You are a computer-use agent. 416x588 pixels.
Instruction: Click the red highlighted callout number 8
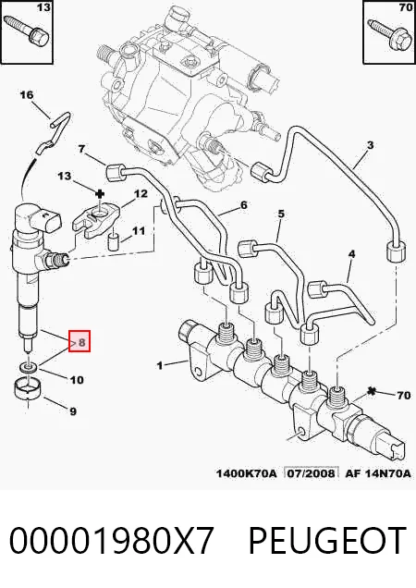[81, 342]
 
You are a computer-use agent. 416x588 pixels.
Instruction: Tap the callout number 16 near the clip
[27, 95]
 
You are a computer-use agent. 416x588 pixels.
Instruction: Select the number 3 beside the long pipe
[370, 145]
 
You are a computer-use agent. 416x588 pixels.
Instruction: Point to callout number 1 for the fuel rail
[160, 364]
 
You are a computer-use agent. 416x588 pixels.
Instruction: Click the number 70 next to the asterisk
[404, 395]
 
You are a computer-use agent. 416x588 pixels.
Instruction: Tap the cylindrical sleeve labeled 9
[28, 390]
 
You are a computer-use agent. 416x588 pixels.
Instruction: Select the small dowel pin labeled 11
[114, 242]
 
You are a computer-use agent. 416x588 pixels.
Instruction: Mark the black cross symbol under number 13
[100, 194]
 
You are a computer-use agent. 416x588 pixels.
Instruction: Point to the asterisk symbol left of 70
[373, 391]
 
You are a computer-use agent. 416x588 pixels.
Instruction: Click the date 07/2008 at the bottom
[311, 473]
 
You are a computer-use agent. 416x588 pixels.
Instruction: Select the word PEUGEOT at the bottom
[327, 540]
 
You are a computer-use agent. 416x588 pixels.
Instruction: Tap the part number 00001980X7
[112, 540]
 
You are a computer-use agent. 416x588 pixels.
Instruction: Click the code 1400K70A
[246, 473]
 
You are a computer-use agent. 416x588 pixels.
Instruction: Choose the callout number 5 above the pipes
[281, 214]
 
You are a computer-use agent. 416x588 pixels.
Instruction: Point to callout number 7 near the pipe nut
[81, 149]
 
